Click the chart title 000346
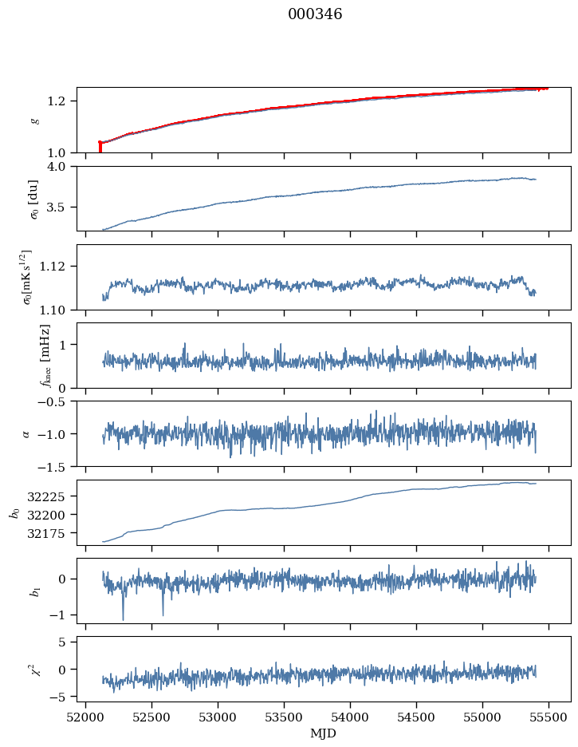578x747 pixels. [315, 14]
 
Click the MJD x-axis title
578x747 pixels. [324, 733]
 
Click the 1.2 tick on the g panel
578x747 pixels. [63, 101]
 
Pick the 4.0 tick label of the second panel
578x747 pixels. [63, 166]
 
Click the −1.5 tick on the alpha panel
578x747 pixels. [58, 465]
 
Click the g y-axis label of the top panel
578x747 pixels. [34, 120]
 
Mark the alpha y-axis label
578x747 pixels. [27, 433]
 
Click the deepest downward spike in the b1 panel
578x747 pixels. [123, 619]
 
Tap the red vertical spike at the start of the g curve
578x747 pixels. [100, 147]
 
